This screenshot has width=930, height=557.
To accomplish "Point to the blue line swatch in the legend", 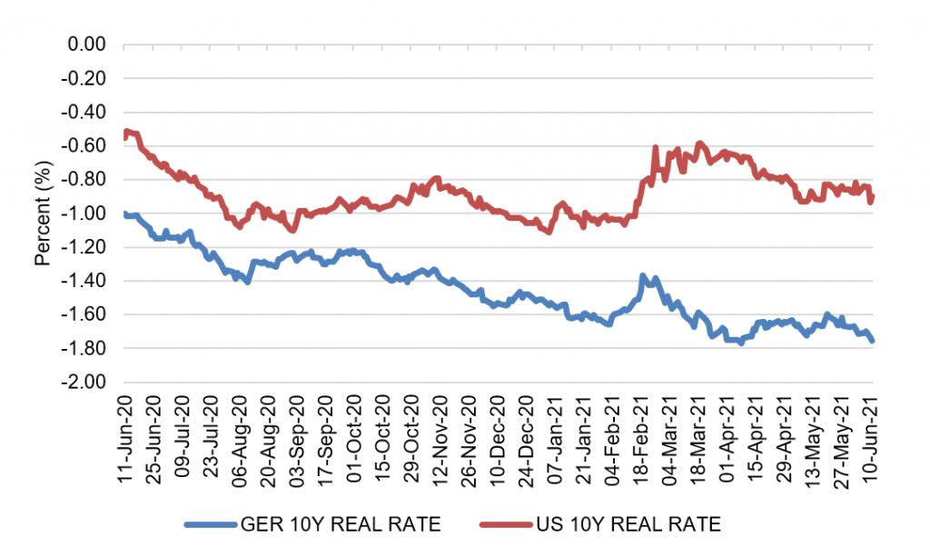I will tap(210, 524).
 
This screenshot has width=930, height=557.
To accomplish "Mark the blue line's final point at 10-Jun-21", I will tap(873, 341).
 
